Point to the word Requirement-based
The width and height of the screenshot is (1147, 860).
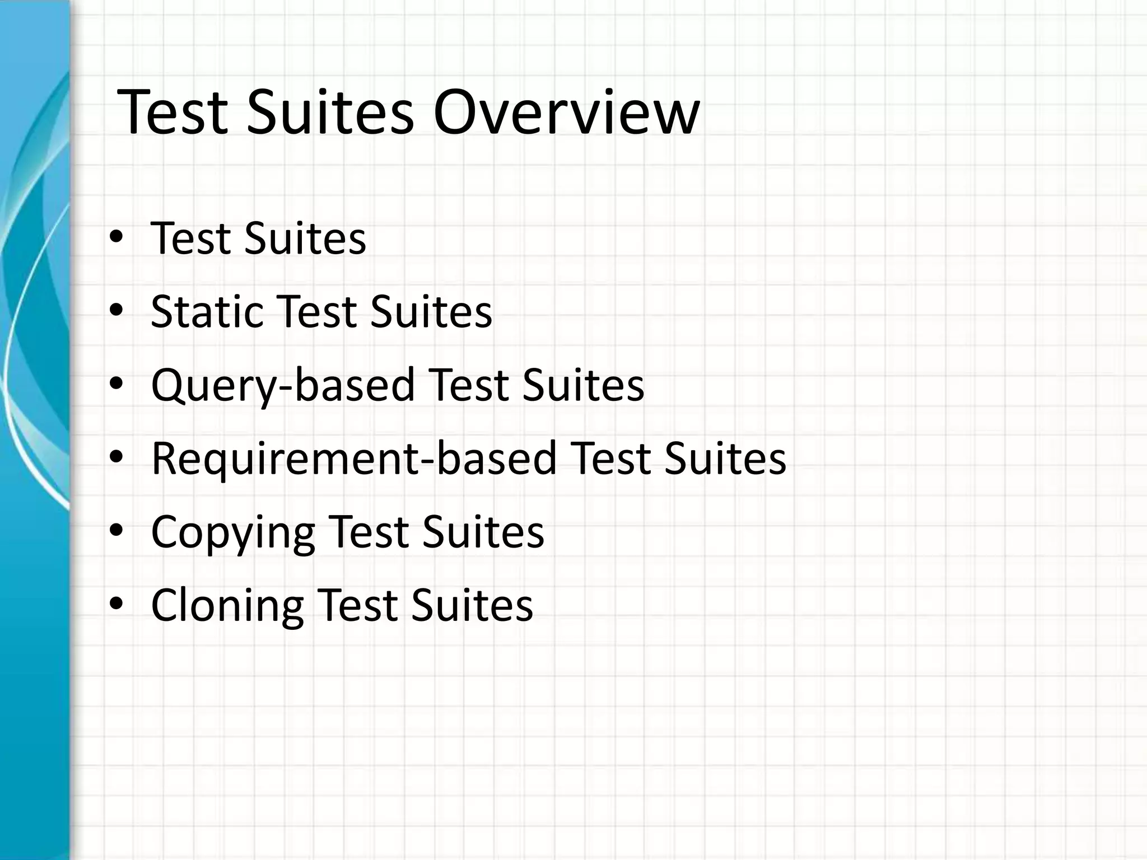click(x=354, y=459)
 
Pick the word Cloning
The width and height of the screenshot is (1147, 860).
click(x=227, y=605)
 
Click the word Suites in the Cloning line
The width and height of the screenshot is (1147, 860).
click(x=472, y=605)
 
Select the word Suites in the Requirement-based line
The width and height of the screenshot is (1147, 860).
click(x=725, y=459)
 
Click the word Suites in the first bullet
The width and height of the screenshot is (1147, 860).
click(x=305, y=239)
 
